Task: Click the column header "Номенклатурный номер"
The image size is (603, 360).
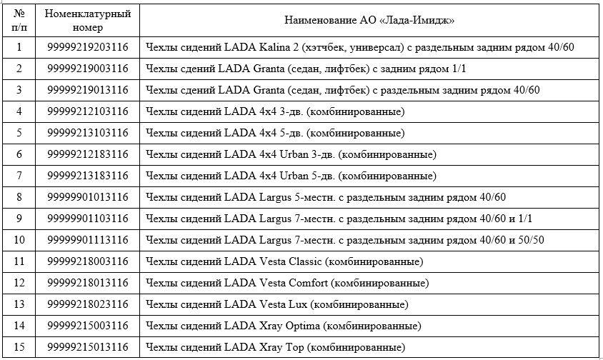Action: (87, 21)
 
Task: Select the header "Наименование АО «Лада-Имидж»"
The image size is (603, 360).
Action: (370, 21)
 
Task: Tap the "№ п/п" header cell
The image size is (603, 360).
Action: (19, 21)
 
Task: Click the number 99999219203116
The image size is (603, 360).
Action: (87, 48)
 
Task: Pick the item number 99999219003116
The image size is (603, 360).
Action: (87, 69)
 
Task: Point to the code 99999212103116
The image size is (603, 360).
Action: (87, 112)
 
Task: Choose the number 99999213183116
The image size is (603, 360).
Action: (87, 176)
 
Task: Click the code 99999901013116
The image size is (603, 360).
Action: (87, 197)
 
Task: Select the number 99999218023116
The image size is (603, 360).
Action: (87, 304)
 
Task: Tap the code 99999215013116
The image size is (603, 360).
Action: (87, 347)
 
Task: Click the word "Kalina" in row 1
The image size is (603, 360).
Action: (272, 48)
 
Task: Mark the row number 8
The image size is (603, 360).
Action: (19, 197)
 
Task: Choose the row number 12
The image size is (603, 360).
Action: (19, 283)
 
